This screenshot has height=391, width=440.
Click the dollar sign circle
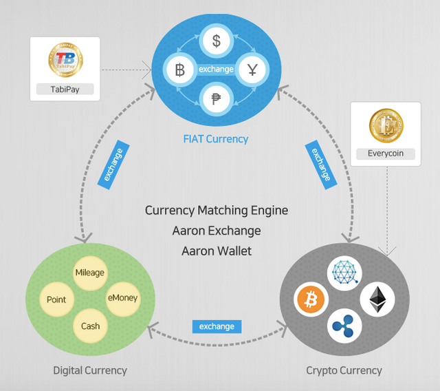pos(217,41)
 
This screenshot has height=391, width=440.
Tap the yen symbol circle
pos(252,70)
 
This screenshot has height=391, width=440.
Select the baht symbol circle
pos(180,70)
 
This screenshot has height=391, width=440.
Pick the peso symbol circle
pos(217,99)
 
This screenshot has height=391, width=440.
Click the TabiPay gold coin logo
pos(66,60)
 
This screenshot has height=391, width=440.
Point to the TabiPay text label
pos(65,89)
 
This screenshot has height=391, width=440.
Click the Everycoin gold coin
pos(386,125)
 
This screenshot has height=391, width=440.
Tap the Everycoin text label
pos(386,154)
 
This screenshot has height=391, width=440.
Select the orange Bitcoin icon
pos(311,299)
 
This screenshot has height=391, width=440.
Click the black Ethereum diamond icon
pos(377,299)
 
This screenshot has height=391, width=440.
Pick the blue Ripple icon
pos(344,326)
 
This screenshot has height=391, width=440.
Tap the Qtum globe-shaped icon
pos(344,273)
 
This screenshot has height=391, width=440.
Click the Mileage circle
pos(90,273)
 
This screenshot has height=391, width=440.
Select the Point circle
pos(56,299)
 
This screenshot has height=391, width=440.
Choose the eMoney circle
pos(123,299)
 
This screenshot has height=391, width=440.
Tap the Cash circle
pos(90,326)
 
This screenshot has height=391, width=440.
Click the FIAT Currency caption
pos(216,139)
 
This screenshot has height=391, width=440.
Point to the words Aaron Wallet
pos(217,251)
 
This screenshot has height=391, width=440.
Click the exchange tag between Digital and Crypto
pos(217,326)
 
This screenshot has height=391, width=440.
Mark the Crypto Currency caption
pos(344,370)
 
